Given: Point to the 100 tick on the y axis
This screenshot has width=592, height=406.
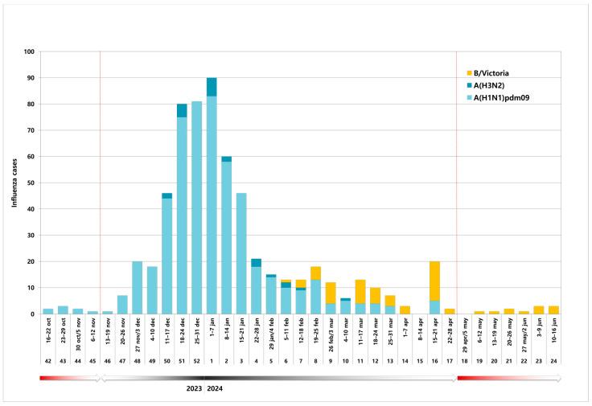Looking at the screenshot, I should tap(29, 52).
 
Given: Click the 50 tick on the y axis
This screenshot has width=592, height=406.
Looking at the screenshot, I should tap(31, 182).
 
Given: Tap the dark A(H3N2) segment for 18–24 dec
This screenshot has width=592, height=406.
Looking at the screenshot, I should tap(182, 111).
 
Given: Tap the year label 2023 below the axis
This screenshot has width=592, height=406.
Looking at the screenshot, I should tap(192, 389).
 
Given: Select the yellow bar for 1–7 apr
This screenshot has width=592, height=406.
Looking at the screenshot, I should tap(405, 310).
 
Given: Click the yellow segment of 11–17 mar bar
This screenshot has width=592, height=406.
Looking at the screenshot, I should tap(360, 291).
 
